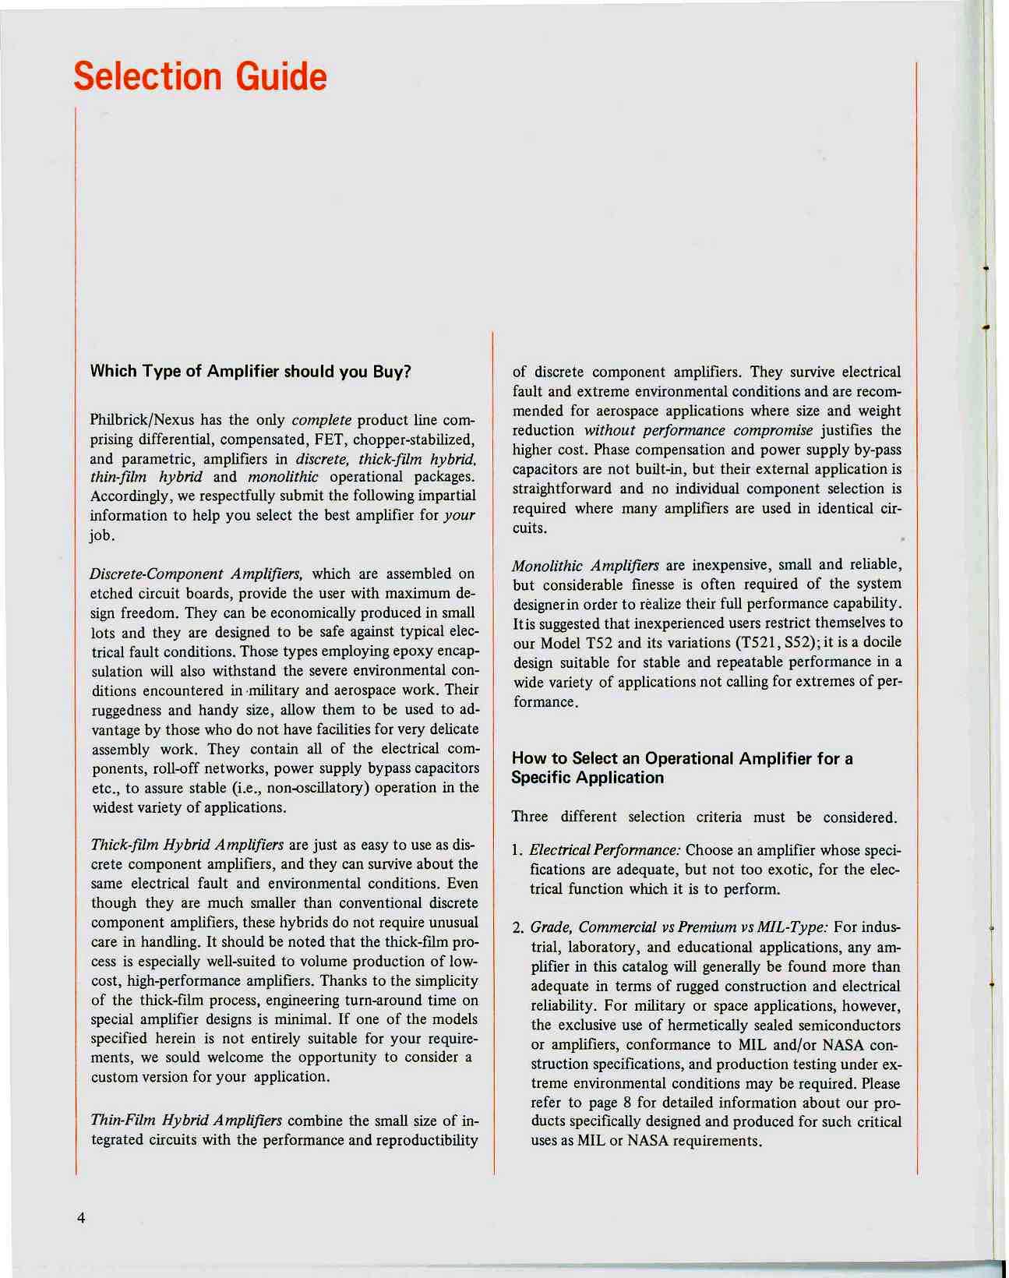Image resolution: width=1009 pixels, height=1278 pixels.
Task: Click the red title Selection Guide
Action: coord(200,77)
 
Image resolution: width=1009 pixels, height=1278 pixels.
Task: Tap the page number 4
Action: coord(81,1219)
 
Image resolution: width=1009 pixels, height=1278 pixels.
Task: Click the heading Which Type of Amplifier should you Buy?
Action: coord(250,372)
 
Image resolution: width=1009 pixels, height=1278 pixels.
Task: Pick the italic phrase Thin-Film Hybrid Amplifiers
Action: coord(186,1121)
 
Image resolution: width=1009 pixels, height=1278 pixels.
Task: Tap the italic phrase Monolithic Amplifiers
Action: coord(585,565)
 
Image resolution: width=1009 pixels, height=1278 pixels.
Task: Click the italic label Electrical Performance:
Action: coord(605,850)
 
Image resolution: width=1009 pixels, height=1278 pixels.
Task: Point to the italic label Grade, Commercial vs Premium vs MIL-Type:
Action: coord(679,927)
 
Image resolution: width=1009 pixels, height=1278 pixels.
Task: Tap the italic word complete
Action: coord(321,421)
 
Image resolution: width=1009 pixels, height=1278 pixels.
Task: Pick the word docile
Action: coord(880,643)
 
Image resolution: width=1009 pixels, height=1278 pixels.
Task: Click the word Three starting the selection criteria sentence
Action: coord(529,817)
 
